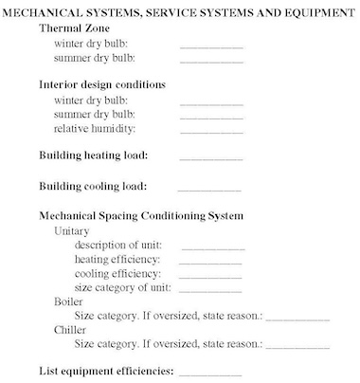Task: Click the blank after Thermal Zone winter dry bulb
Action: point(211,46)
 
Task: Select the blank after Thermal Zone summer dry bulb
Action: point(211,61)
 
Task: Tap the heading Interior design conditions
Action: point(102,84)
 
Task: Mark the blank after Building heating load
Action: point(210,158)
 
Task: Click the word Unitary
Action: point(75,230)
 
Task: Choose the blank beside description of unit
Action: point(211,248)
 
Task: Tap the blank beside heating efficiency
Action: point(210,263)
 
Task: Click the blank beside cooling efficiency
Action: point(210,277)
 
